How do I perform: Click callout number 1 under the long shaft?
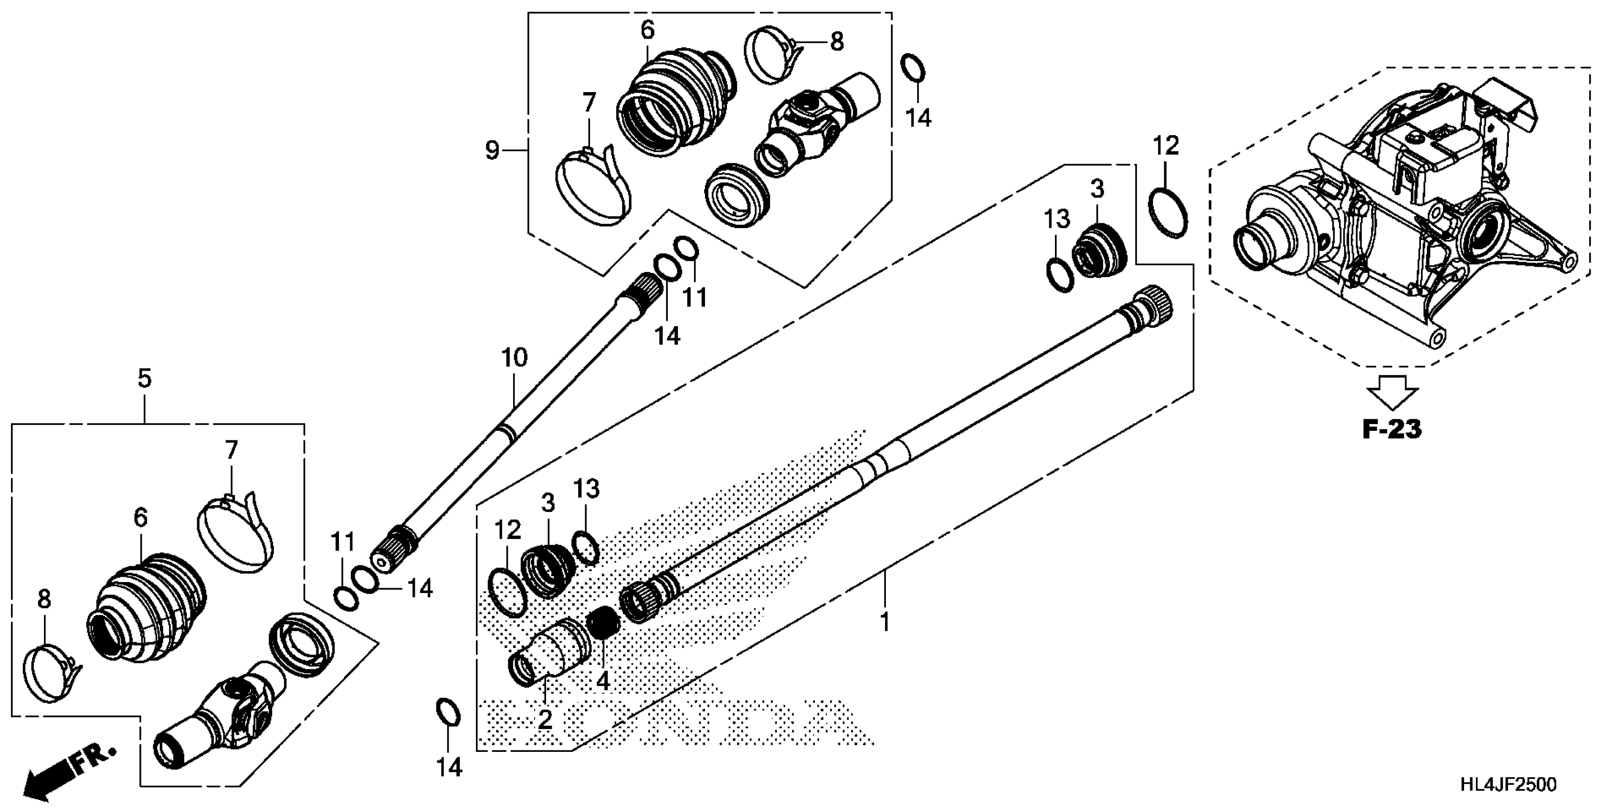click(x=885, y=622)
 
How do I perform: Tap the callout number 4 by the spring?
click(x=603, y=681)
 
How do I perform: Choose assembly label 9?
click(x=492, y=150)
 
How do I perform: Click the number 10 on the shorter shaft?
click(x=514, y=358)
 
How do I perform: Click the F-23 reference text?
click(x=1392, y=429)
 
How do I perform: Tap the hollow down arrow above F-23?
click(x=1392, y=392)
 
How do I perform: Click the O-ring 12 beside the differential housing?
click(x=1169, y=213)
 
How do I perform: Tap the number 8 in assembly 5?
click(x=44, y=600)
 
